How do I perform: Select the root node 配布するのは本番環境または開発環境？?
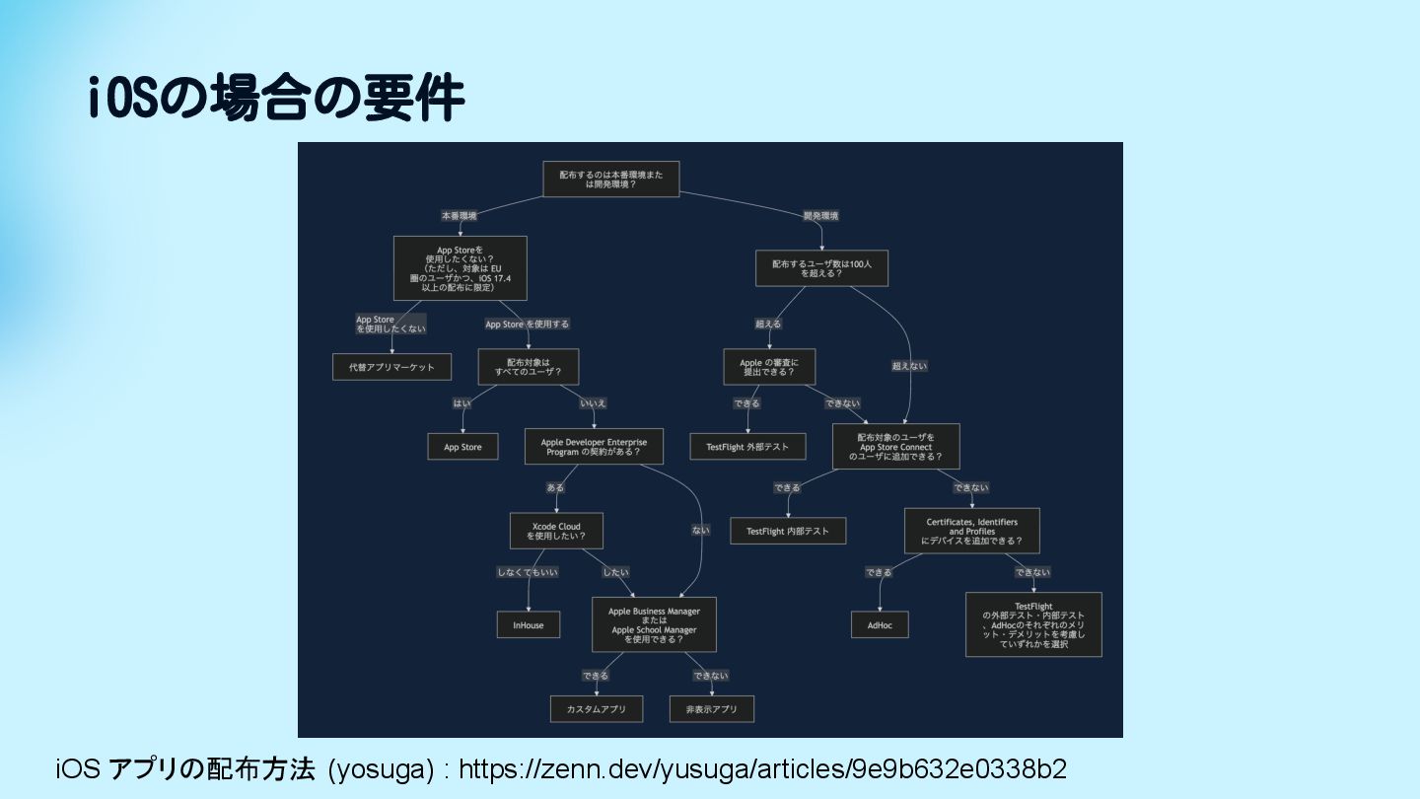[611, 179]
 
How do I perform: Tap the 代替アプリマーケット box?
[391, 367]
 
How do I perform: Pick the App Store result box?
[462, 447]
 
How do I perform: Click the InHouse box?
[528, 625]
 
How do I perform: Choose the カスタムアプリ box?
[597, 709]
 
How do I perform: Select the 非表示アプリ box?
[712, 709]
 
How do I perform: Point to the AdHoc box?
[880, 625]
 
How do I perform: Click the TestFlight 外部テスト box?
[747, 447]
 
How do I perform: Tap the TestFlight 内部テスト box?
[788, 531]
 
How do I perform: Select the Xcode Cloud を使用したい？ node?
[556, 531]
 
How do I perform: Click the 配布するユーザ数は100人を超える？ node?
[821, 268]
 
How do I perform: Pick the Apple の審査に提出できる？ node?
[769, 367]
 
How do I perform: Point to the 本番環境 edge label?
[459, 215]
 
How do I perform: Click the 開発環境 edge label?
[820, 215]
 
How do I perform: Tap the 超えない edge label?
[909, 366]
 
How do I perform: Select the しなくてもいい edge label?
[528, 572]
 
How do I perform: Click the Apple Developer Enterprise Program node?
[594, 447]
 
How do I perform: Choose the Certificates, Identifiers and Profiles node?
[971, 531]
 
